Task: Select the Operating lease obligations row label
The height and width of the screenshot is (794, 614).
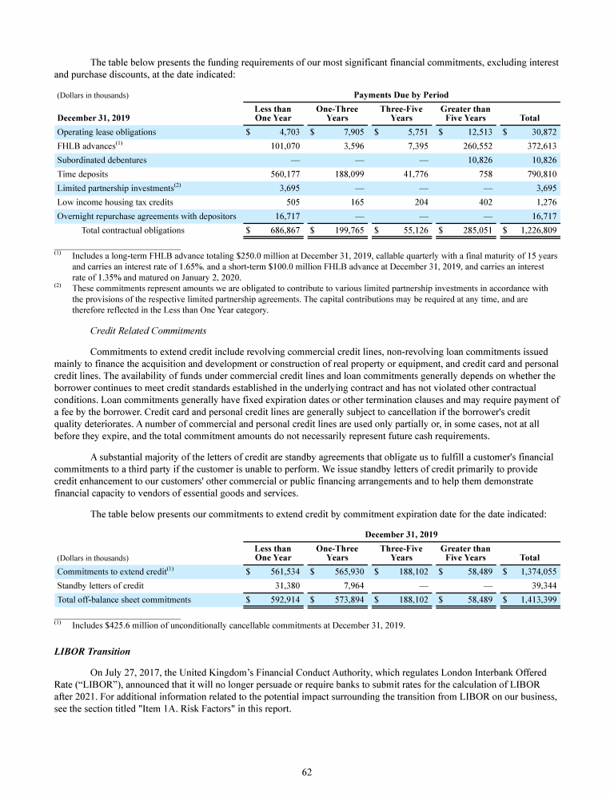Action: [x=106, y=131]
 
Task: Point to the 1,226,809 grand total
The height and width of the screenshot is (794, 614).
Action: [x=535, y=229]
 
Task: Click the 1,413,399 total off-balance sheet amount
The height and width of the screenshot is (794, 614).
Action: [x=535, y=599]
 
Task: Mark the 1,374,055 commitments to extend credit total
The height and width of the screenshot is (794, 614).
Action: [x=535, y=571]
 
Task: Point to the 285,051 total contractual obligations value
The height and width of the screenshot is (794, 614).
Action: [x=473, y=229]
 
